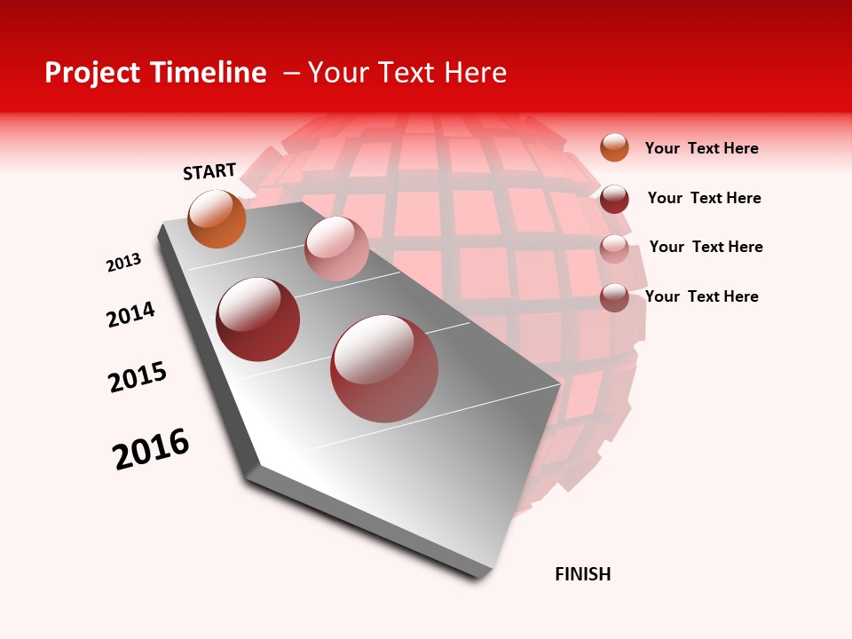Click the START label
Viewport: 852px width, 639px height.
[209, 171]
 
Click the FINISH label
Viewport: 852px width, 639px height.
[583, 574]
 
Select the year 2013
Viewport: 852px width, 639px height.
[123, 263]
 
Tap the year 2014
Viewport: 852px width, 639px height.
[130, 315]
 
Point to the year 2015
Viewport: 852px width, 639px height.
[138, 377]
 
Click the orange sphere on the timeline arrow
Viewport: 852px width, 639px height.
[217, 218]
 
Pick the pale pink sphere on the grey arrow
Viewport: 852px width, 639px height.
[336, 248]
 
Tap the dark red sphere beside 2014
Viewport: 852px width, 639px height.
[258, 319]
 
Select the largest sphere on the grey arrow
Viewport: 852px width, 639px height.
[384, 368]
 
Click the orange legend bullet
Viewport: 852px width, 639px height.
[614, 147]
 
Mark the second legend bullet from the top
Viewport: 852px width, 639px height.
[614, 199]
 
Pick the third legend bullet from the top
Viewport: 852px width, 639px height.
[614, 248]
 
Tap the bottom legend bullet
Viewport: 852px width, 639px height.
[614, 297]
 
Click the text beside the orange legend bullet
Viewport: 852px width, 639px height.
[701, 148]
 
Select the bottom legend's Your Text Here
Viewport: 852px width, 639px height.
[701, 296]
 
